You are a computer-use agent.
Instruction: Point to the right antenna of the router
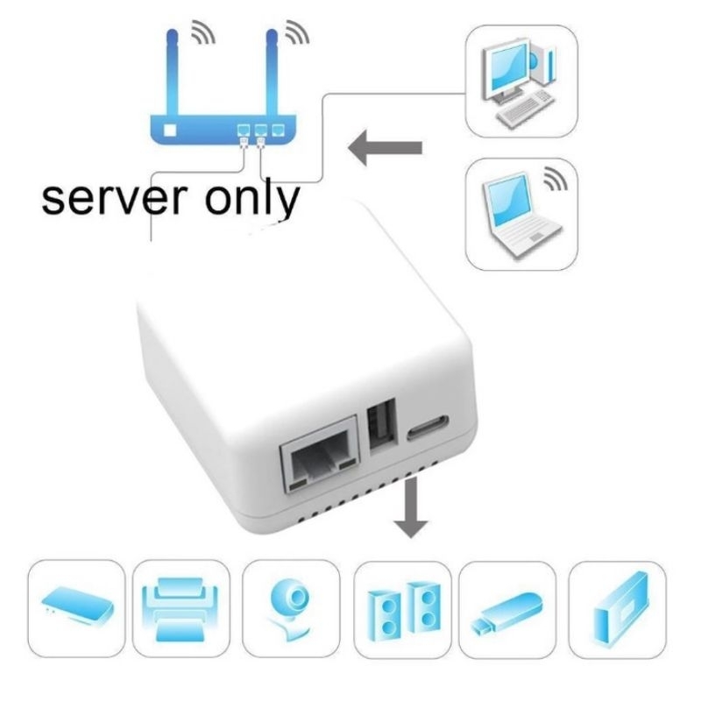click(271, 70)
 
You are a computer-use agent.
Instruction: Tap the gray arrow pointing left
click(386, 149)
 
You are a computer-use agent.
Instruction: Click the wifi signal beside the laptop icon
click(555, 179)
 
